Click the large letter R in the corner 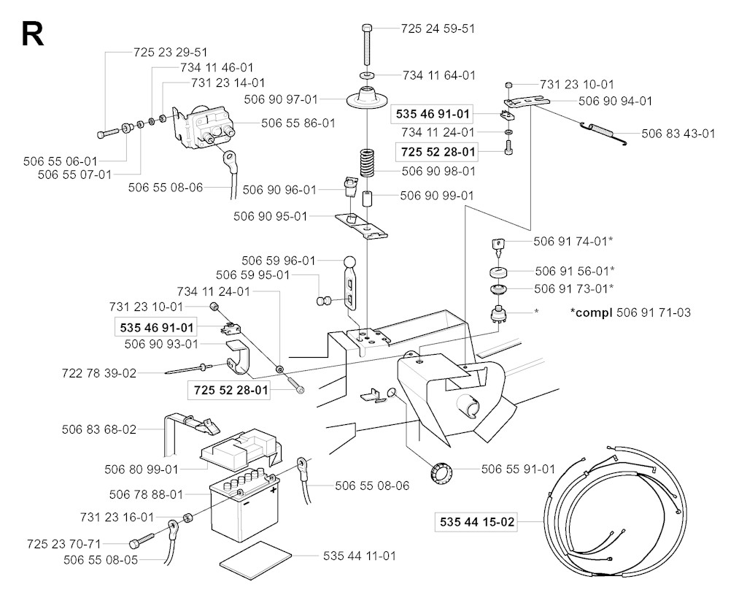click(32, 34)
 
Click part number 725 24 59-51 click(438, 28)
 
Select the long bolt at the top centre click(367, 45)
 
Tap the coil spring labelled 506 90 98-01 click(367, 163)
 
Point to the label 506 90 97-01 click(281, 99)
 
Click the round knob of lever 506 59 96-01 click(350, 263)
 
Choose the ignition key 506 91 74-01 click(498, 247)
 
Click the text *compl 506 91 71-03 click(630, 312)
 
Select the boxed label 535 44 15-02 click(477, 522)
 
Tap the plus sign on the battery click(274, 490)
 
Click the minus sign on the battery click(247, 502)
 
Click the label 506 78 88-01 click(146, 494)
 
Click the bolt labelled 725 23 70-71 click(142, 540)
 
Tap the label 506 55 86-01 click(298, 123)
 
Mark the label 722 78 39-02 click(99, 373)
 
